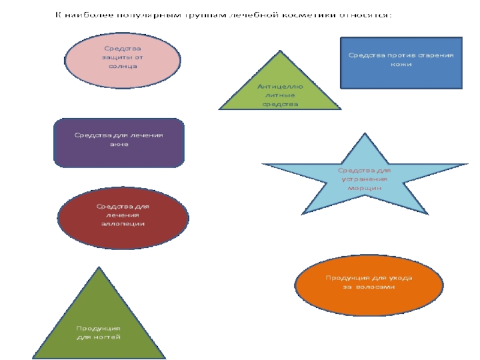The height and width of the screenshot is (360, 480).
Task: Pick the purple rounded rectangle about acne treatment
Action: pos(119,143)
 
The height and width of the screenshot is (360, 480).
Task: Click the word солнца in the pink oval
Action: pos(123,67)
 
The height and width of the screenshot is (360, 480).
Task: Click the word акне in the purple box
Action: pos(119,145)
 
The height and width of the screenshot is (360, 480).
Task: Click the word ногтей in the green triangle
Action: pos(107,337)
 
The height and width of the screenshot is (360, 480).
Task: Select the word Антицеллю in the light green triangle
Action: pos(280,87)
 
